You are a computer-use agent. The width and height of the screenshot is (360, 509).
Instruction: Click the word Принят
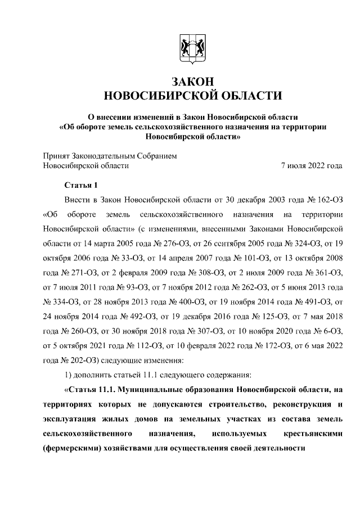point(57,155)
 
